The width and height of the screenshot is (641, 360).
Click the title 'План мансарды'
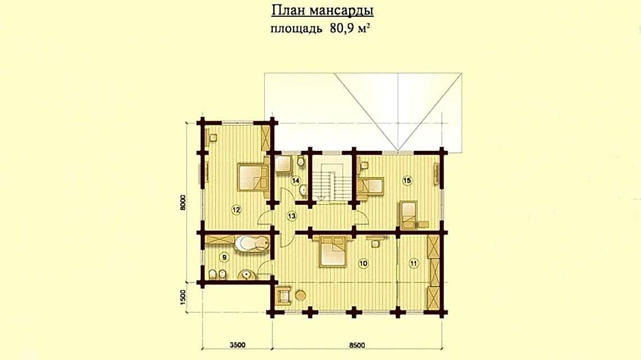click(323, 11)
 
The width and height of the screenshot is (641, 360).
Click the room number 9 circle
click(224, 258)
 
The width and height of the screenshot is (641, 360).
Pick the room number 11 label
click(414, 263)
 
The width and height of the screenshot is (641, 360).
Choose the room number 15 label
click(408, 181)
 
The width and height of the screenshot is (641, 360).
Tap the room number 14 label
click(296, 181)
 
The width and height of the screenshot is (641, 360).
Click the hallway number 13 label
click(291, 215)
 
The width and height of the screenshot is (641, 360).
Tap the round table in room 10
click(301, 295)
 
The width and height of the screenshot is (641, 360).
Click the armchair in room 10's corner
click(283, 295)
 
